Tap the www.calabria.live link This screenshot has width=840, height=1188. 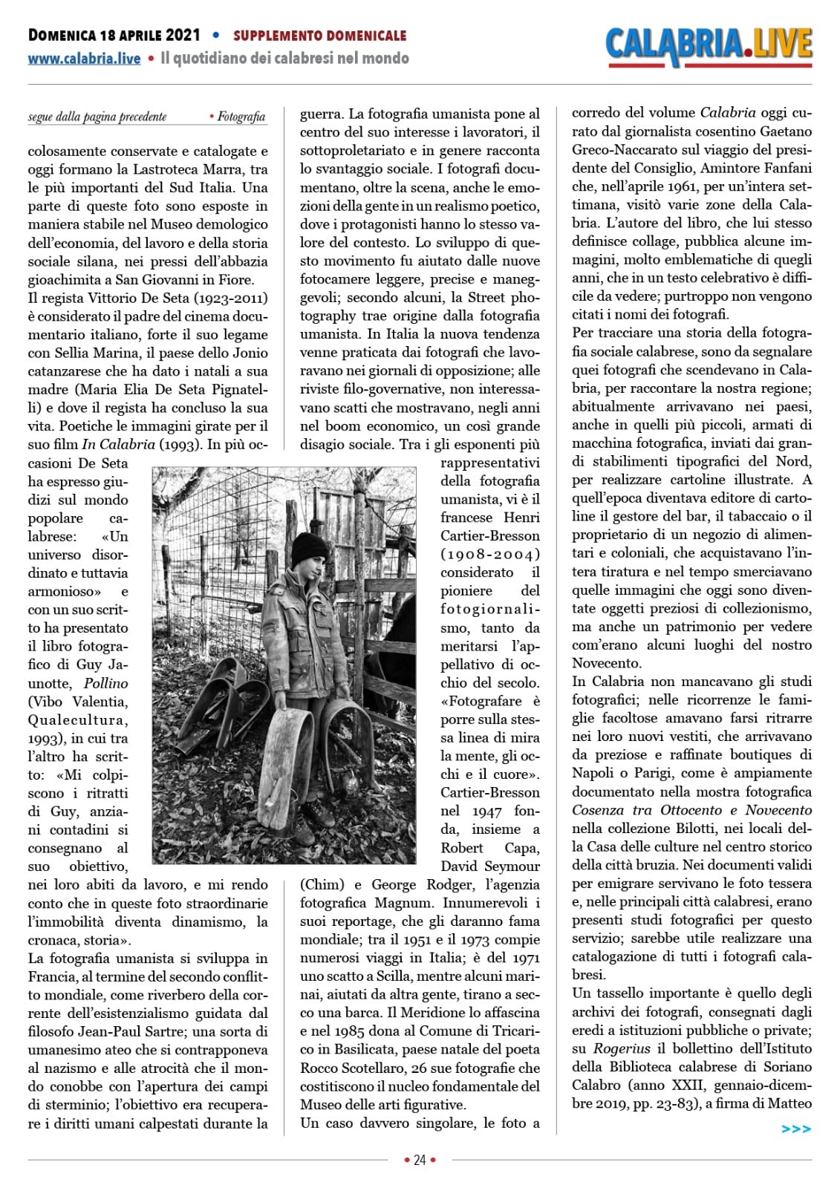tap(84, 59)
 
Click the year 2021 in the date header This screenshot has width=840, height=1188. tap(183, 35)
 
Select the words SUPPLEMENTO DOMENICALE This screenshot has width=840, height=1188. tap(319, 36)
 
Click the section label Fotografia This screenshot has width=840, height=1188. tap(241, 117)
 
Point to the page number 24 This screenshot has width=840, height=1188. tap(420, 1160)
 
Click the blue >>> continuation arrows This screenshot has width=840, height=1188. tap(796, 1129)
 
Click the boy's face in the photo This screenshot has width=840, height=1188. tap(315, 569)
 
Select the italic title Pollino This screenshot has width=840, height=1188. tap(105, 683)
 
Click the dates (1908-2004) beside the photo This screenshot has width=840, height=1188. tap(489, 554)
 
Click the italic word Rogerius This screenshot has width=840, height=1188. tap(622, 1048)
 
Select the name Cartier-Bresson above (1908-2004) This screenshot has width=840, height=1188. tap(489, 535)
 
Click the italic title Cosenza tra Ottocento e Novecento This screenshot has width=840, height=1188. tap(691, 810)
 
